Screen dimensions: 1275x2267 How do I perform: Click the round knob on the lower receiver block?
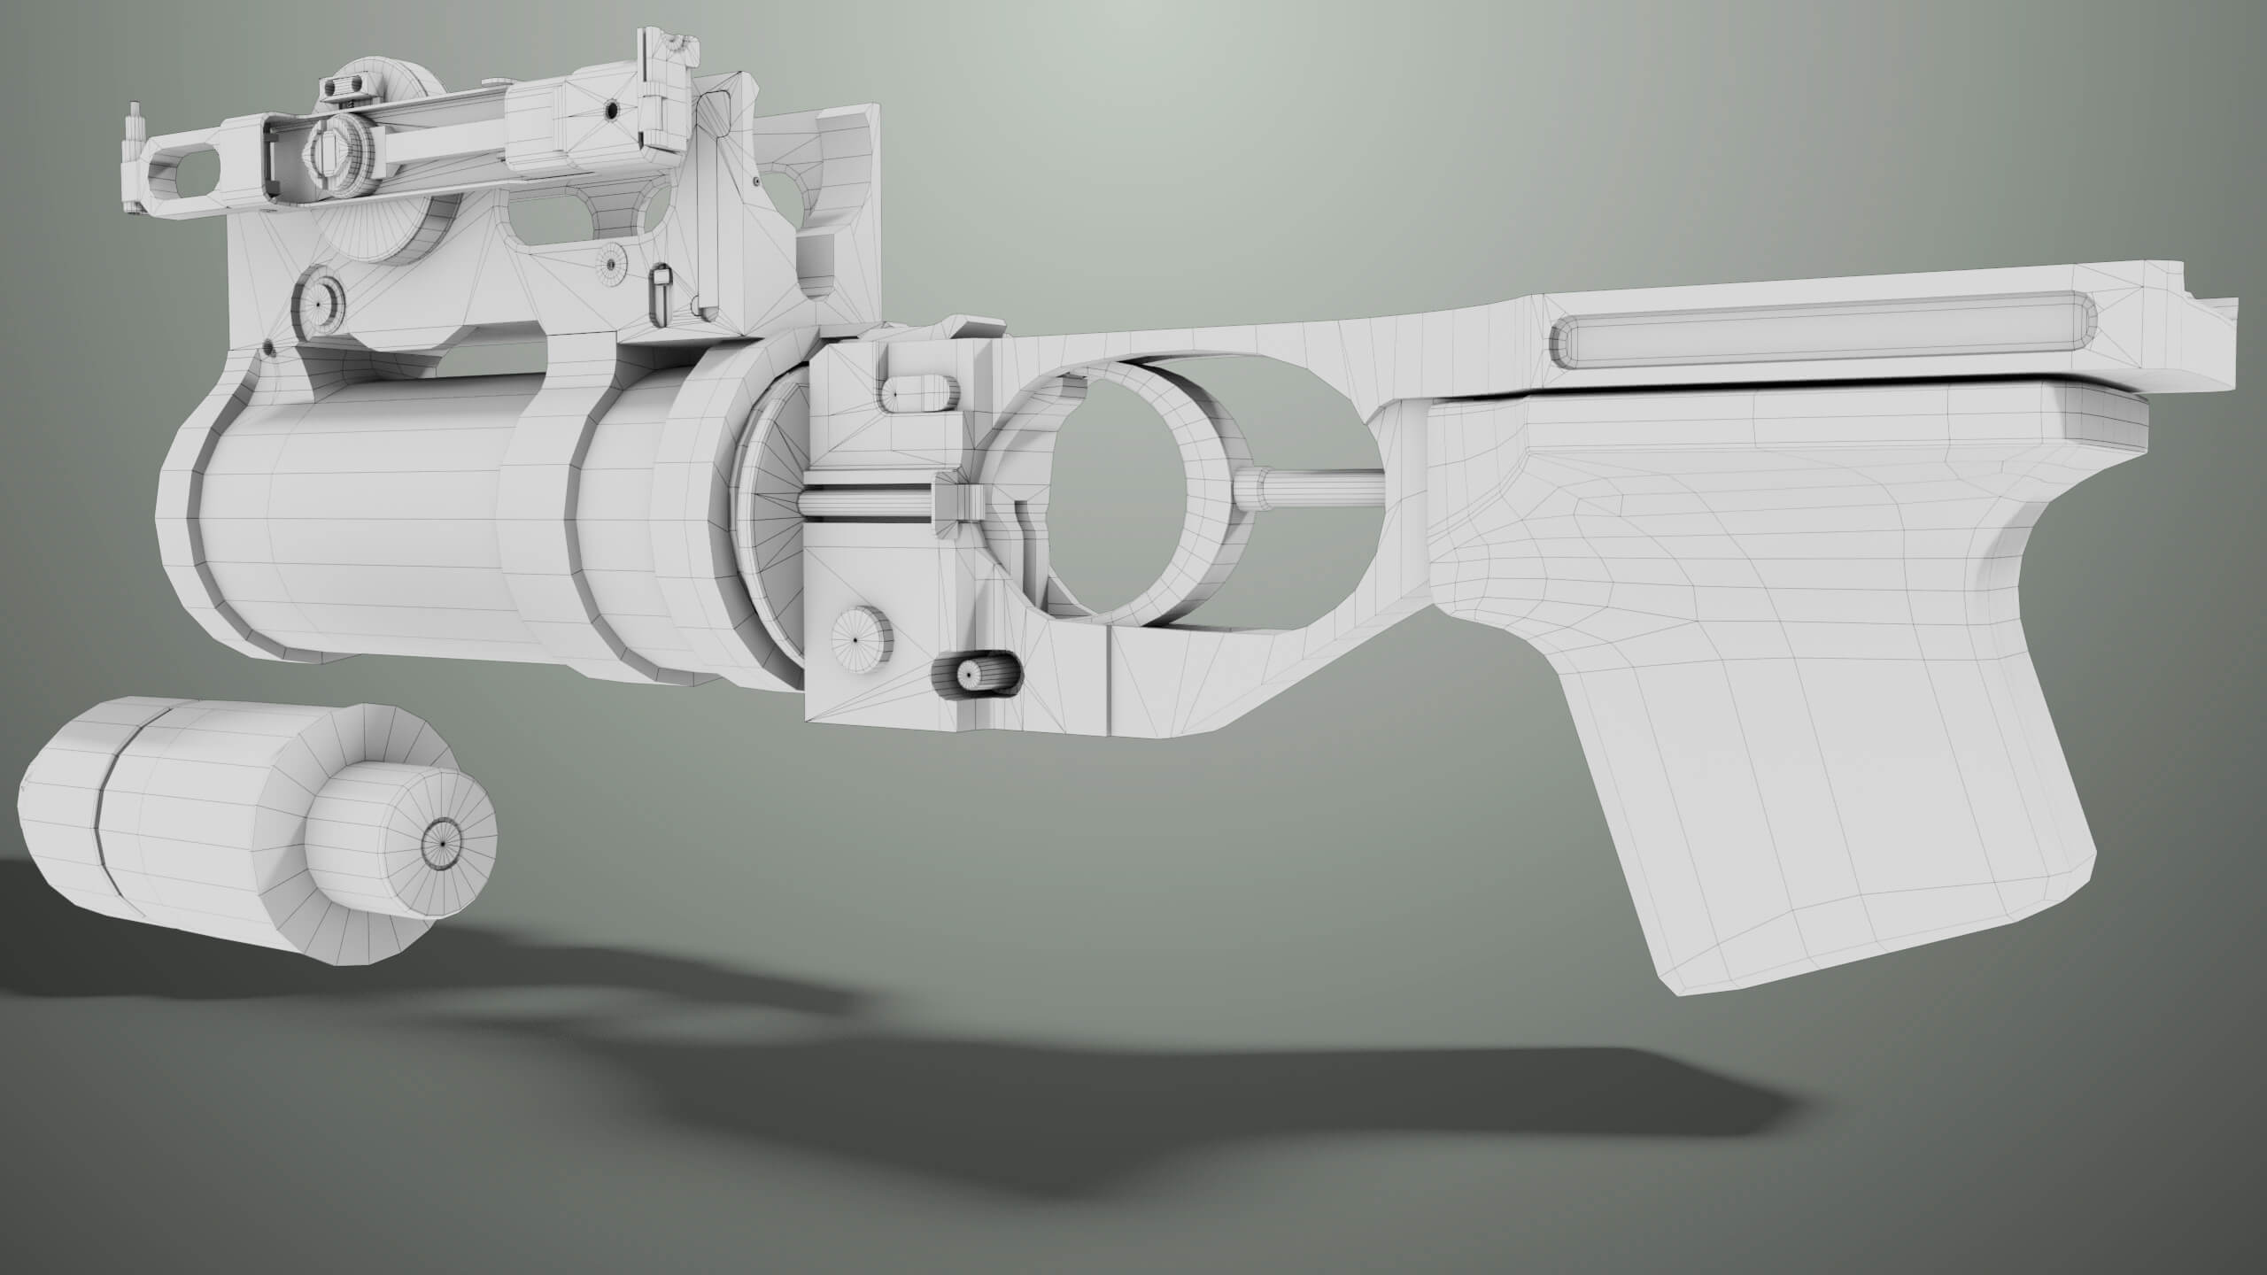coord(858,638)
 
